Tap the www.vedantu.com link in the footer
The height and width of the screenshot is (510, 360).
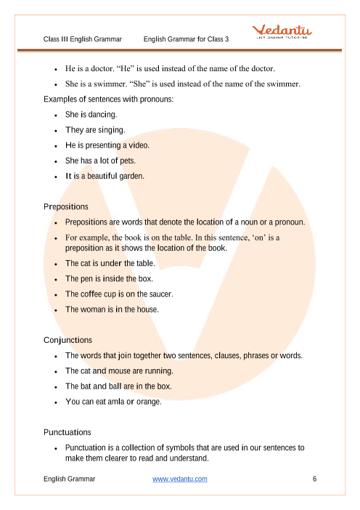[180, 479]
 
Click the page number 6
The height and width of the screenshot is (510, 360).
[314, 479]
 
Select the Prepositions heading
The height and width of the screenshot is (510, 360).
[66, 206]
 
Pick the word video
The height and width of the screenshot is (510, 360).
[138, 145]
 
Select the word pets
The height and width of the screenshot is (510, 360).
[126, 161]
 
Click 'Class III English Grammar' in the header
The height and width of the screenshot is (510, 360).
[82, 39]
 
